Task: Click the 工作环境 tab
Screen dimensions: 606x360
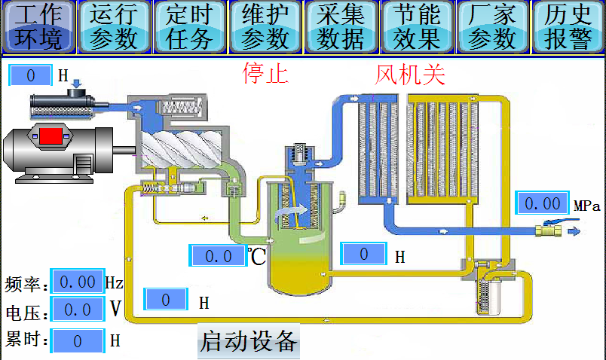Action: [x=38, y=26]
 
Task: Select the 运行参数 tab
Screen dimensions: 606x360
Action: [x=114, y=26]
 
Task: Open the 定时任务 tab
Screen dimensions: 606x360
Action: [x=189, y=26]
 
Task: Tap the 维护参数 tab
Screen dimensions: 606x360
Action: [x=265, y=26]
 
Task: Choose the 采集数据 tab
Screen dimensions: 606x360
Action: [x=341, y=26]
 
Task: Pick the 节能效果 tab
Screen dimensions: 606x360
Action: [x=417, y=26]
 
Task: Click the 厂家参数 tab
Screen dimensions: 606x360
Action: [x=492, y=26]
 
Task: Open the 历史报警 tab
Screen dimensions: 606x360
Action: [x=568, y=26]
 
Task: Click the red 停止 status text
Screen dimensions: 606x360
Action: [x=265, y=73]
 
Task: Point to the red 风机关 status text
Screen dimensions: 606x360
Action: [x=410, y=75]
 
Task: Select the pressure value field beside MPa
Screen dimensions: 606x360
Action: [x=542, y=203]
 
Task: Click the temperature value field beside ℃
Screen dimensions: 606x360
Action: [x=218, y=255]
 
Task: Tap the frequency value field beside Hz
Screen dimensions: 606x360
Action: [x=78, y=282]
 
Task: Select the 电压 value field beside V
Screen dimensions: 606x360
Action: [x=78, y=309]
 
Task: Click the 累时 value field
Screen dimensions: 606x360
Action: [x=78, y=340]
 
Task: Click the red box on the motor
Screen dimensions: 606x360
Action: [x=50, y=136]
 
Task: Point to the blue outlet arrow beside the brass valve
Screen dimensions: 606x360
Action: [x=574, y=231]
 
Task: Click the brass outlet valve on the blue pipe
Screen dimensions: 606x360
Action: [x=549, y=231]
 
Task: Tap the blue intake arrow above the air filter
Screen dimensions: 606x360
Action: [x=77, y=84]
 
